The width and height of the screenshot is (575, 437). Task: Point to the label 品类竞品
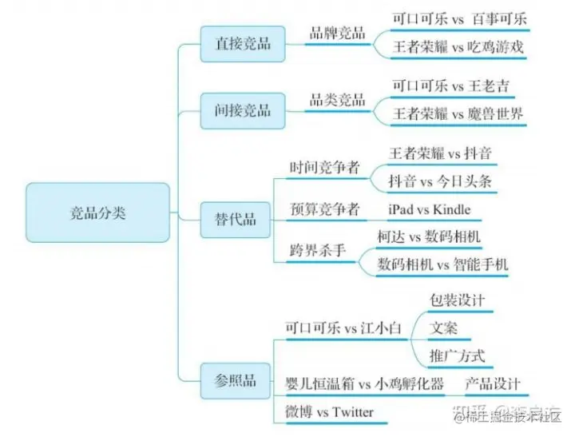[x=338, y=101]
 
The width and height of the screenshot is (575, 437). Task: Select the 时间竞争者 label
[x=324, y=168]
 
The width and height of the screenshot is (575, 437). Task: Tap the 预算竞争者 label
[x=324, y=210]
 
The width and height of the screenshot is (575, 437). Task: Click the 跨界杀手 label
[x=318, y=250]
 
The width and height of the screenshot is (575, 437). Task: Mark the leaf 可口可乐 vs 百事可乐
[x=459, y=18]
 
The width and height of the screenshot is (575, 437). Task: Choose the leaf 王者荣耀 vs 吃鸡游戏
[x=458, y=47]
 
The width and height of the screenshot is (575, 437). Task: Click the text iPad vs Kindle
[x=430, y=210]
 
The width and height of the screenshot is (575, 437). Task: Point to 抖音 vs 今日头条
[x=440, y=181]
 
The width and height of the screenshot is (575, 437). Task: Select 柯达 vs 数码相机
[x=429, y=236]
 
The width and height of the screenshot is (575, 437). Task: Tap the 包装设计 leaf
[x=457, y=301]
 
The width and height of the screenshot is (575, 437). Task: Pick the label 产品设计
[x=493, y=384]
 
